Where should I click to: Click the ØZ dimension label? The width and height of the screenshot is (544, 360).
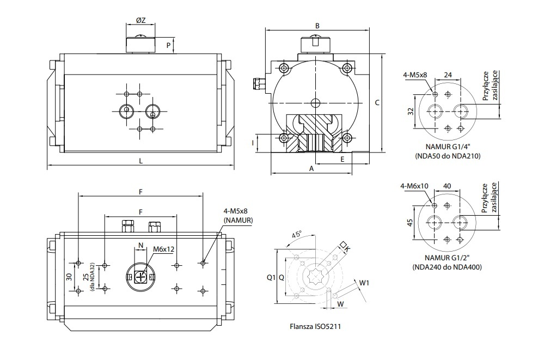(140, 20)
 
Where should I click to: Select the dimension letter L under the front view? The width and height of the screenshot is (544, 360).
(141, 161)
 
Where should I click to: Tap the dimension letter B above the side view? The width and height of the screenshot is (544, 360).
(316, 25)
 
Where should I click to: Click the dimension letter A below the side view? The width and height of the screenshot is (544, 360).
(311, 169)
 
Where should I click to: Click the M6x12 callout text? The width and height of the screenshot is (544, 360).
(163, 249)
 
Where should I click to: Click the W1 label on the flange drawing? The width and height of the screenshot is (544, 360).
(364, 283)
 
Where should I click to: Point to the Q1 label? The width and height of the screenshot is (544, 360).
(270, 277)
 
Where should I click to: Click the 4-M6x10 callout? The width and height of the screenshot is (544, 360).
(414, 186)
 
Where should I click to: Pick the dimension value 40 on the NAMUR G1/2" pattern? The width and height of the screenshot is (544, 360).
(448, 186)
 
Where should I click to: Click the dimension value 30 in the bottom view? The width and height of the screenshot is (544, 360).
(69, 277)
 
